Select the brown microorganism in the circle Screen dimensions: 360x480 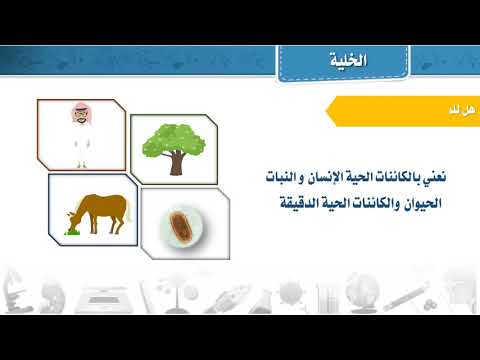182,220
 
